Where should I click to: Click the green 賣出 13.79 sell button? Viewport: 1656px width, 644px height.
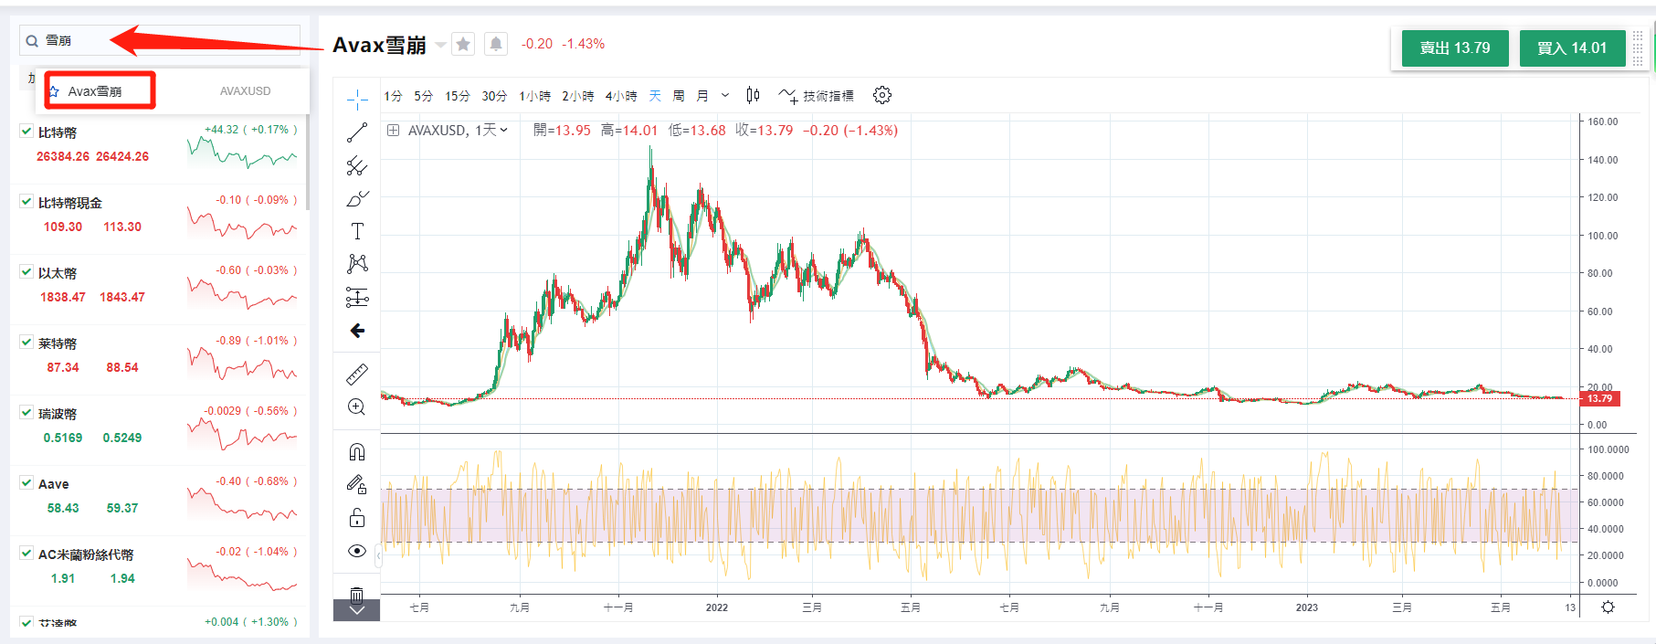click(1454, 48)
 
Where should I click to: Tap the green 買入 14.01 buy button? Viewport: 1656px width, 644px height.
click(1571, 48)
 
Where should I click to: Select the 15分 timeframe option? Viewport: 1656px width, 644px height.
click(458, 96)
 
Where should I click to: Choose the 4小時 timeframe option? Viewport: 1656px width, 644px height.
click(621, 96)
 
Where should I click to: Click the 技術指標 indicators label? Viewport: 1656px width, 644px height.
click(828, 96)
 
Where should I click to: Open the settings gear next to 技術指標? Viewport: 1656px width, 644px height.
click(881, 95)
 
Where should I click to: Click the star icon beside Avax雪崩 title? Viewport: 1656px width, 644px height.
click(464, 44)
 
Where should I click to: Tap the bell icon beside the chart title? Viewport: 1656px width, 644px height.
click(495, 44)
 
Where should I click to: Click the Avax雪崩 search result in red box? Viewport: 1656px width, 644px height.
click(95, 91)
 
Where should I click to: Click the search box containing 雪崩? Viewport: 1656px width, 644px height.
click(164, 40)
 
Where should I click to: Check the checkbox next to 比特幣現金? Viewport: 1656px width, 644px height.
click(26, 202)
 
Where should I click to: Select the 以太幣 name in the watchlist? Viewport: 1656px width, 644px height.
click(58, 273)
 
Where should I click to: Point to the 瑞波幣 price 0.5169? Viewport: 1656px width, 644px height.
click(63, 438)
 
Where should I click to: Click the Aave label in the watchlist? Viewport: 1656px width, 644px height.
click(54, 484)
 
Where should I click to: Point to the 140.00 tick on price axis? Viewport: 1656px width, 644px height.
click(1602, 160)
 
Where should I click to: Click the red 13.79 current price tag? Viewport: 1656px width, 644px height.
click(1600, 398)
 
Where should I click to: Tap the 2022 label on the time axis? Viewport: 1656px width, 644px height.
click(717, 607)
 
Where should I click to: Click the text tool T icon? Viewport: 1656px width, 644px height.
click(357, 231)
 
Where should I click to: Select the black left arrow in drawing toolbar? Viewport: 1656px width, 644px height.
click(357, 331)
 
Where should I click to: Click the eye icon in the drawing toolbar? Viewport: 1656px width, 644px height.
click(357, 551)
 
